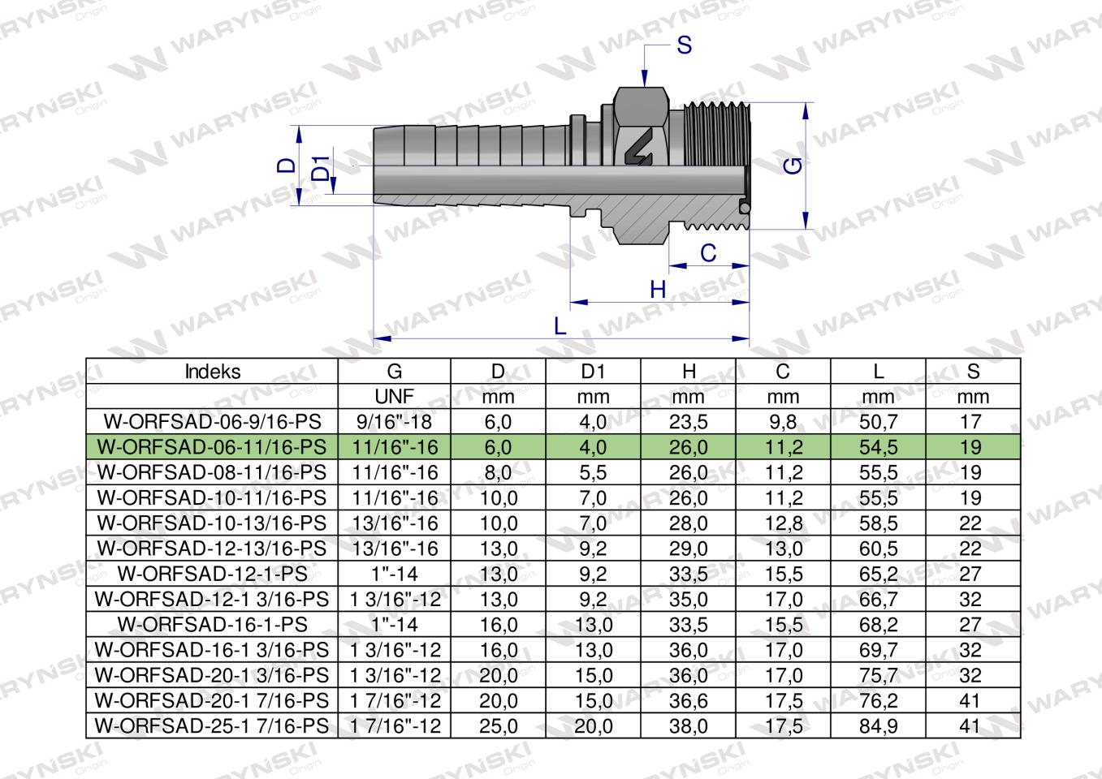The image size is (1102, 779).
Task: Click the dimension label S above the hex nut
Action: click(x=684, y=45)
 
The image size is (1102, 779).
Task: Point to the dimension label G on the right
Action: click(x=794, y=166)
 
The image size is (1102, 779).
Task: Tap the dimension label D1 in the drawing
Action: click(x=322, y=168)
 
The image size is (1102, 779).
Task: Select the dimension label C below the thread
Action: click(x=708, y=253)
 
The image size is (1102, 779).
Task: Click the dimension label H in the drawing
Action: click(x=658, y=290)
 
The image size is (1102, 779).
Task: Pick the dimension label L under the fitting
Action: click(x=559, y=325)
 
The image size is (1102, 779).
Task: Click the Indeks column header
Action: click(x=213, y=372)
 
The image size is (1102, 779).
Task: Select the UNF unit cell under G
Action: click(x=394, y=397)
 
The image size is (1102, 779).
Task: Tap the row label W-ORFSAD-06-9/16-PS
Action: click(x=213, y=422)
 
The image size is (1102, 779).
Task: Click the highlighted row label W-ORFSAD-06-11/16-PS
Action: click(x=213, y=447)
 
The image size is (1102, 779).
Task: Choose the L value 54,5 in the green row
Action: click(x=878, y=447)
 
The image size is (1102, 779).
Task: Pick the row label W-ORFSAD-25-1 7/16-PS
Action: click(x=213, y=725)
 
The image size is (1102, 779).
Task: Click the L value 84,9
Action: click(x=878, y=725)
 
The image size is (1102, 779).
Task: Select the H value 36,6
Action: click(x=688, y=700)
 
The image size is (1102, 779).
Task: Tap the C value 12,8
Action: click(x=783, y=523)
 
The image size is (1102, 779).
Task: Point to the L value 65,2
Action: click(x=878, y=574)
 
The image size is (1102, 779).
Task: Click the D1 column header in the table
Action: click(x=593, y=372)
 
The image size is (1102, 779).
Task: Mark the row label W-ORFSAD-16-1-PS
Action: click(x=213, y=625)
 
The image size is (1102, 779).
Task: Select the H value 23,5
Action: click(x=688, y=422)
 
